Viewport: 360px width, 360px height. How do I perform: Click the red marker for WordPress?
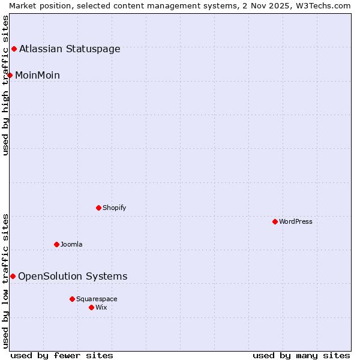[275, 221]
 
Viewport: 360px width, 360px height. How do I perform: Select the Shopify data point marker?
[98, 208]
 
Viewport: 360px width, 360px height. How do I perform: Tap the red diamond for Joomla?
[56, 244]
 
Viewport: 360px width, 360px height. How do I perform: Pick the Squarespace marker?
[72, 299]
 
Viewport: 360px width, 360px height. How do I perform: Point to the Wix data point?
[91, 307]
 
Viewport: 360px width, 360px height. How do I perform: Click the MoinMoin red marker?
[10, 75]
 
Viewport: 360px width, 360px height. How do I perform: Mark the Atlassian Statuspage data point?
[14, 49]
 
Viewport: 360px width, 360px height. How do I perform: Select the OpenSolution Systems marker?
[13, 276]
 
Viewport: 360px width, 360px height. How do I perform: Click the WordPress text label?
[296, 221]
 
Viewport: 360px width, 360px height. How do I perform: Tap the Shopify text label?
[114, 208]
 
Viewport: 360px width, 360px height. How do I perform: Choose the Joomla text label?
[71, 244]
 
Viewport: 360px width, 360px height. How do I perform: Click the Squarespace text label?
[97, 299]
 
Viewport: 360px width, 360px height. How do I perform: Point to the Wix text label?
[101, 307]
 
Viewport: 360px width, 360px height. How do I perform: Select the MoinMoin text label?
[37, 75]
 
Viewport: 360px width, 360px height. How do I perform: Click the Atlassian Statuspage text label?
[70, 49]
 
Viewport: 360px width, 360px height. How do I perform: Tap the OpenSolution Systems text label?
[73, 276]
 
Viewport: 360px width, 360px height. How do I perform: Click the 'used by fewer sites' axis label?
[62, 355]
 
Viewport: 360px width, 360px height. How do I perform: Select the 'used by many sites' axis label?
[301, 355]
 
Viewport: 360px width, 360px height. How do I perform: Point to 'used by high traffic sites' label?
[6, 85]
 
